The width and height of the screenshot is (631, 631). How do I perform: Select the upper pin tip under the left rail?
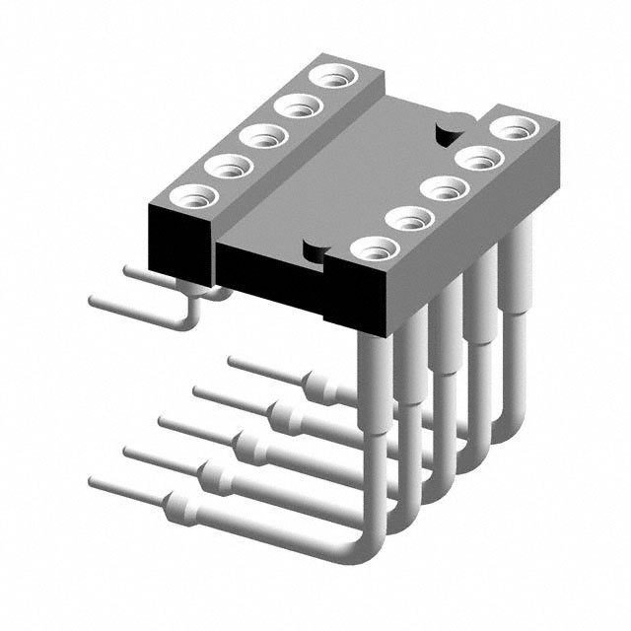click(127, 267)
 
